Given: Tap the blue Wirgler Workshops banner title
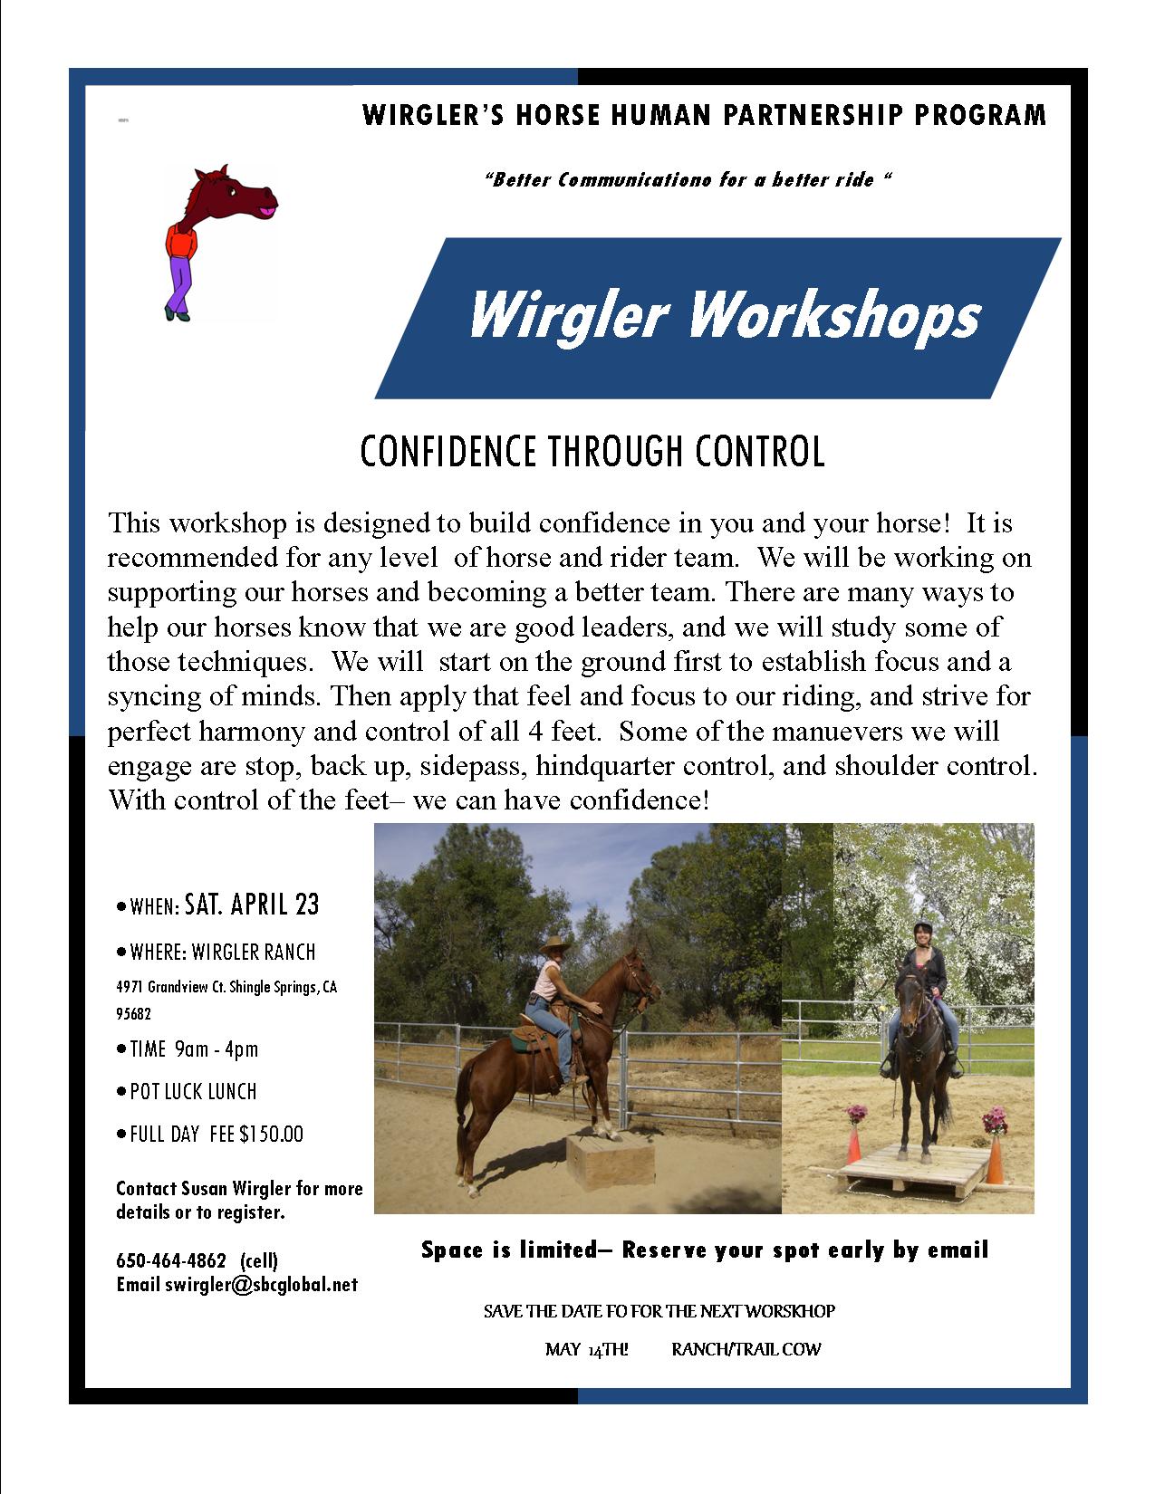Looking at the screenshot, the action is click(x=725, y=316).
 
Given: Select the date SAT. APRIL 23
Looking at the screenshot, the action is click(x=252, y=905).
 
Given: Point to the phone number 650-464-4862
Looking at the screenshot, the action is click(x=171, y=1260).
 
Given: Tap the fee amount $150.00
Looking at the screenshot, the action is click(x=271, y=1134).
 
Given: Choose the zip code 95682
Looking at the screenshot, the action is click(x=133, y=1013).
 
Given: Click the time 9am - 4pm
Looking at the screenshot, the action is click(x=216, y=1049).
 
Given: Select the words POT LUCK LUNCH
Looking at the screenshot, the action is click(x=193, y=1092).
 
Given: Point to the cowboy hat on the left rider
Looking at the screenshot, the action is click(x=556, y=946).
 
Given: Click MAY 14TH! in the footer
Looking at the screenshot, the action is click(x=586, y=1350).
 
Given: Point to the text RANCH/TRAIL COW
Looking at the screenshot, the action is click(x=746, y=1349).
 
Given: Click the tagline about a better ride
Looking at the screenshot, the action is click(x=688, y=180).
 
